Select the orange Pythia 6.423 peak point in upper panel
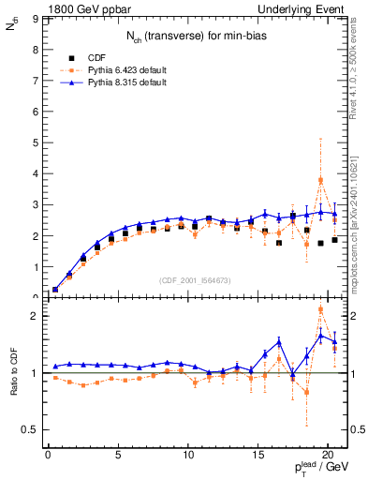[x=321, y=180]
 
